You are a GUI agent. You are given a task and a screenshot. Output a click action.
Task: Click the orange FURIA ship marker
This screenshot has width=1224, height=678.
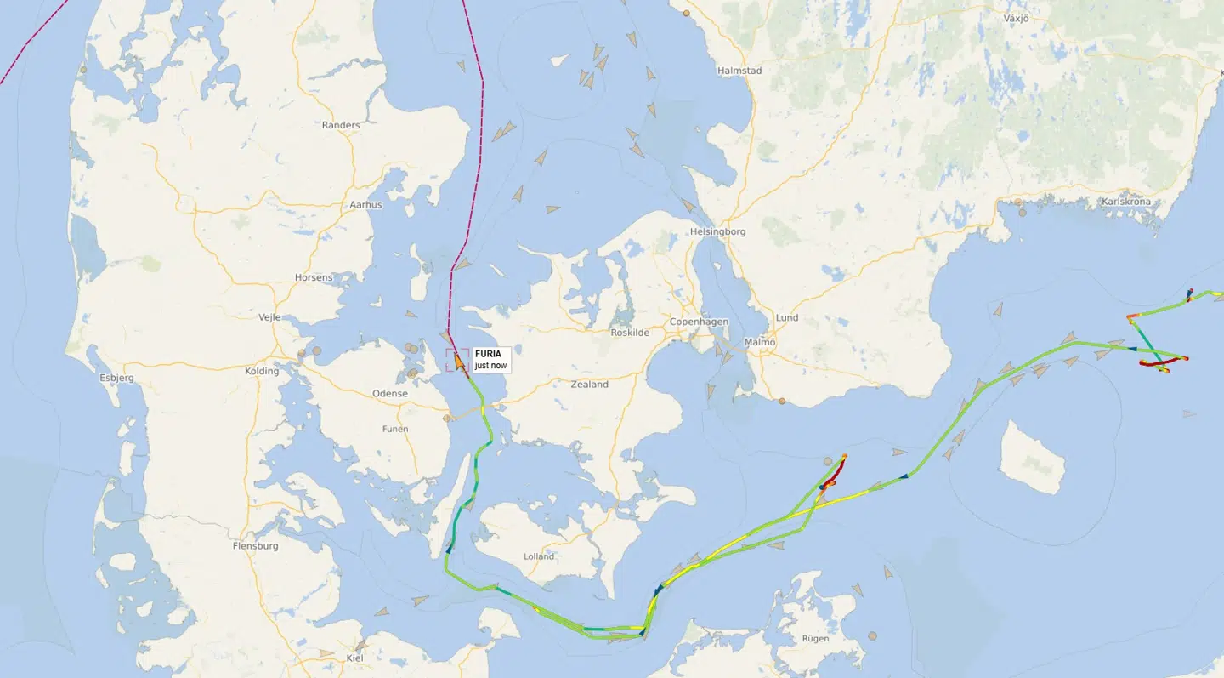coord(459,362)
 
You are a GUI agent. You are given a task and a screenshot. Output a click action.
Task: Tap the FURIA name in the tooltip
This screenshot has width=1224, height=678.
coord(488,354)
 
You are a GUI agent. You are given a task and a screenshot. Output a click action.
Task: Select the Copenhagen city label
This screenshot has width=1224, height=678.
coord(700,322)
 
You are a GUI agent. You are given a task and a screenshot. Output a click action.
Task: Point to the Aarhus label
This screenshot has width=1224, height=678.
coord(366,205)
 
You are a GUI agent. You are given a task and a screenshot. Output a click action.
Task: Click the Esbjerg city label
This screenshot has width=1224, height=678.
coord(116,377)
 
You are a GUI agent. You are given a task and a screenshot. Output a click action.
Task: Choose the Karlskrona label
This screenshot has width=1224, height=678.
coord(1125,202)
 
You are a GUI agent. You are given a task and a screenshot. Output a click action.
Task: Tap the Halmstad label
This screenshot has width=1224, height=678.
coord(739,71)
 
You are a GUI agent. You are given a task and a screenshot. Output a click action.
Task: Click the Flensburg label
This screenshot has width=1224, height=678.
coord(255,546)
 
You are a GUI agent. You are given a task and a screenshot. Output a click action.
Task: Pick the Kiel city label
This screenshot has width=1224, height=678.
coord(355,658)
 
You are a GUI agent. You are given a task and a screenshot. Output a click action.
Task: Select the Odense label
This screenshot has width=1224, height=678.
coord(390,394)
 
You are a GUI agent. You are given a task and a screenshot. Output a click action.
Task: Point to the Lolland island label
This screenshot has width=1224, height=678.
coord(539,556)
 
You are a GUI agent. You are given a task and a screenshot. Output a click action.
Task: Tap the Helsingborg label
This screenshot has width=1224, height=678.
coord(718,231)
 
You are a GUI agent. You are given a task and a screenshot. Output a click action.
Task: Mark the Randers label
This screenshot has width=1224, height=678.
coord(341,125)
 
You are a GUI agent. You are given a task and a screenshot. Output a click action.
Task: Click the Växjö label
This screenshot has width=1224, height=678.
coord(1016,18)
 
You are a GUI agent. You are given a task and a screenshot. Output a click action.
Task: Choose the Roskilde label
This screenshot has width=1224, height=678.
coord(630,333)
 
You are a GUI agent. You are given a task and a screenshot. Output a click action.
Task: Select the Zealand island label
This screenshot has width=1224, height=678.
coord(590,385)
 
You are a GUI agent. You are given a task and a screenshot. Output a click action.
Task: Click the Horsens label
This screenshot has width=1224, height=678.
coord(314,278)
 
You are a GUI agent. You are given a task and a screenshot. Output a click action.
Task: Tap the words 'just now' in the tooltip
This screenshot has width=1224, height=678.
coord(490,366)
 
